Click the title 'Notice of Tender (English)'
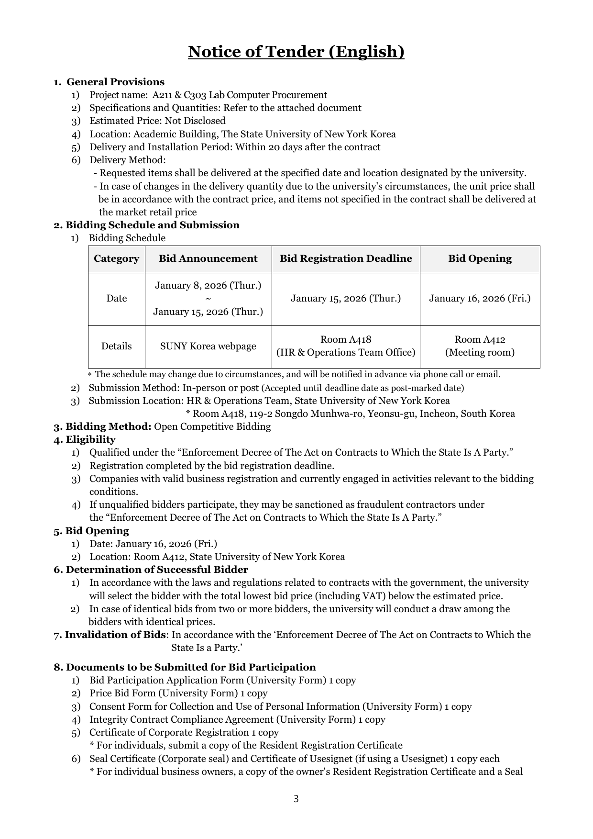[296, 52]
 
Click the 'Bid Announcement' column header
[208, 259]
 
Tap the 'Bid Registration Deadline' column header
[346, 259]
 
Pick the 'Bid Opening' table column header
[480, 259]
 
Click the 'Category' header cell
[116, 259]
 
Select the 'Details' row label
[116, 347]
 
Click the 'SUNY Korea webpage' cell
[208, 347]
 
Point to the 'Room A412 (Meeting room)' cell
[480, 346]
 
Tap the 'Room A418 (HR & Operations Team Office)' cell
[346, 346]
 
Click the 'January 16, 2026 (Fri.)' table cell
[480, 299]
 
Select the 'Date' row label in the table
[116, 299]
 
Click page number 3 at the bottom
[296, 799]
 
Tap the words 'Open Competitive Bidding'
[212, 426]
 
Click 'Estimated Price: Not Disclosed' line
[157, 121]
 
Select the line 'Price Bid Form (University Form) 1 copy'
[178, 693]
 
